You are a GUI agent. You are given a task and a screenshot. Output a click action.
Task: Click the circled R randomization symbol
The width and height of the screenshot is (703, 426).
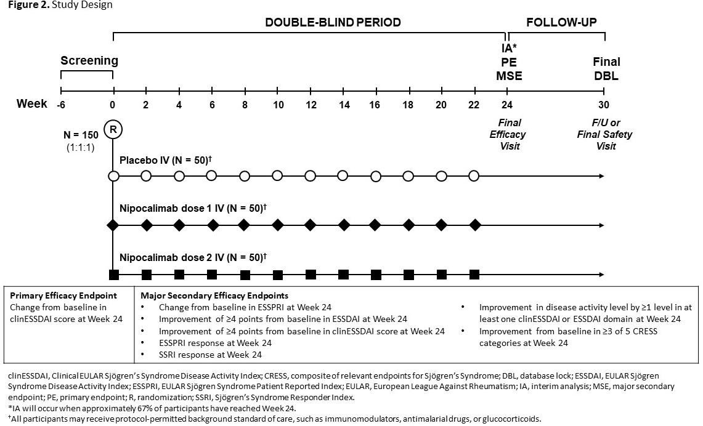tap(113, 129)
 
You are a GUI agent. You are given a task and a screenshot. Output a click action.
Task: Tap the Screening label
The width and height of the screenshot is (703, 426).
tap(89, 61)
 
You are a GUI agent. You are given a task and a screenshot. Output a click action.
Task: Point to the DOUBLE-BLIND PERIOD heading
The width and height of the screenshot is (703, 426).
tap(333, 23)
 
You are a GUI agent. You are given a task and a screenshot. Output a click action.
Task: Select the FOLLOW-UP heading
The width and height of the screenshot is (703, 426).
tap(561, 23)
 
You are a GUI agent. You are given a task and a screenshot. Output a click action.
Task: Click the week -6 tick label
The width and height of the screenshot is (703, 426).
tap(61, 105)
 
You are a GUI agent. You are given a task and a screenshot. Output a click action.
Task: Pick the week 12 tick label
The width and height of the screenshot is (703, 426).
tap(311, 105)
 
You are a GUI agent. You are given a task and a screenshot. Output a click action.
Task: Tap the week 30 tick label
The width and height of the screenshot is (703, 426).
tap(605, 105)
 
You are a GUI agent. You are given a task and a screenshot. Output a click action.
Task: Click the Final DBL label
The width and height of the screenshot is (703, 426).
tap(606, 69)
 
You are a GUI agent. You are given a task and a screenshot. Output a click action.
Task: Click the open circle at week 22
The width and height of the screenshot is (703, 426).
tap(474, 177)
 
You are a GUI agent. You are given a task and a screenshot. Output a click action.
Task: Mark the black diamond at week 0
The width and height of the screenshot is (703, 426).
tap(113, 225)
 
